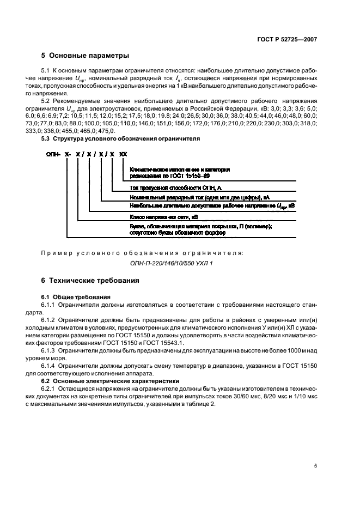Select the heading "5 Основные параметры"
point(85,56)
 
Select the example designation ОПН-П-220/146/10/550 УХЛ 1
point(172,263)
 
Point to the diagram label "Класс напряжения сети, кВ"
point(156,216)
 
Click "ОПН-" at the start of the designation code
point(53,155)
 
